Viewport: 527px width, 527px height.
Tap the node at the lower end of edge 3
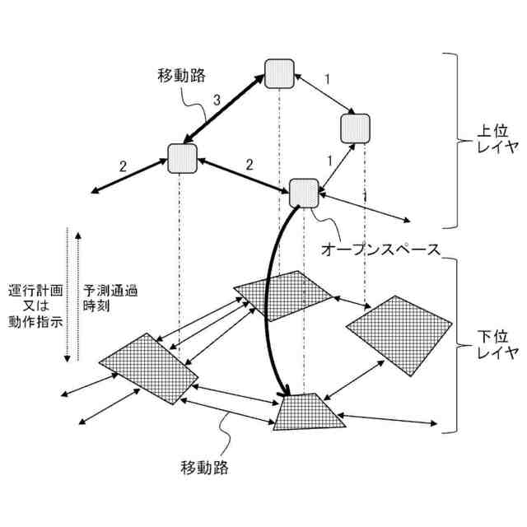coord(182,157)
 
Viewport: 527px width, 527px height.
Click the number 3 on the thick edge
coord(217,100)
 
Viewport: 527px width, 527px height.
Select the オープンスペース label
coord(379,247)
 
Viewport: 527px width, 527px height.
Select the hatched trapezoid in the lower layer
coord(309,410)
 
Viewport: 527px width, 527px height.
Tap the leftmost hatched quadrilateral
coord(148,368)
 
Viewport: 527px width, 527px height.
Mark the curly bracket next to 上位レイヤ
coord(452,140)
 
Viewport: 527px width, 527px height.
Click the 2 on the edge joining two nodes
coord(249,165)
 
